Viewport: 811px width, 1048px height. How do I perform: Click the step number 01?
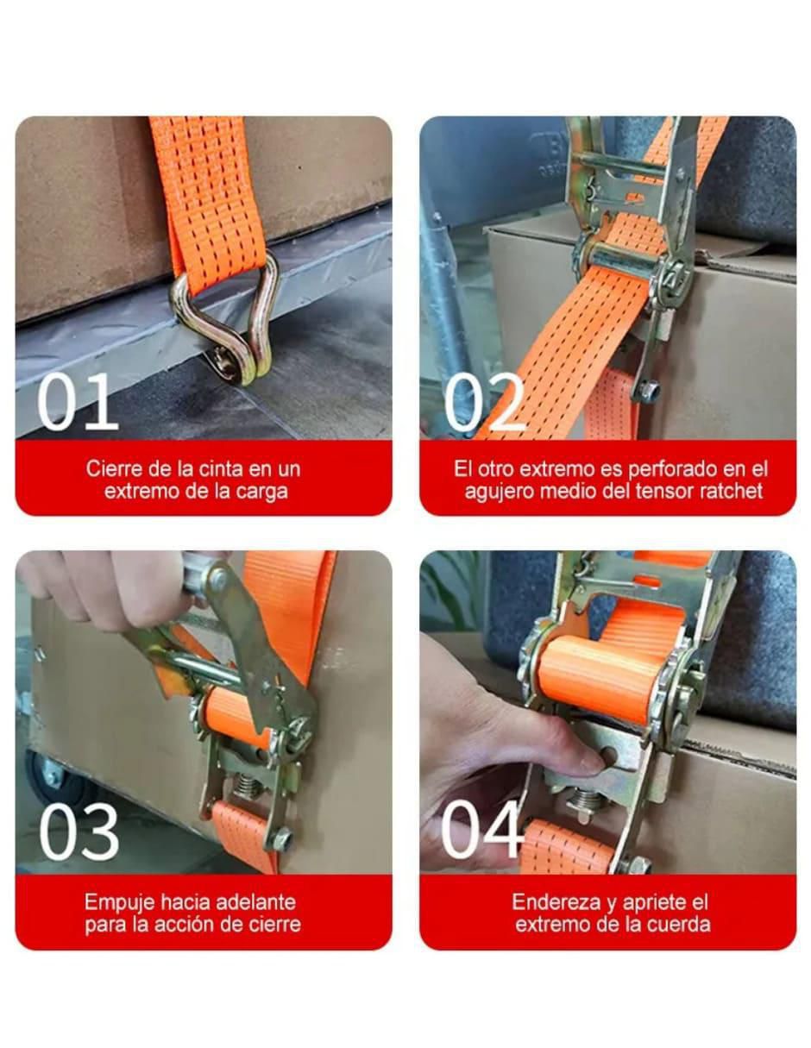pos(78,402)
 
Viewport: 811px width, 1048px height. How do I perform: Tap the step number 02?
pos(484,402)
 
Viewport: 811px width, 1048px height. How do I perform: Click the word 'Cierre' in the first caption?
pos(113,468)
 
